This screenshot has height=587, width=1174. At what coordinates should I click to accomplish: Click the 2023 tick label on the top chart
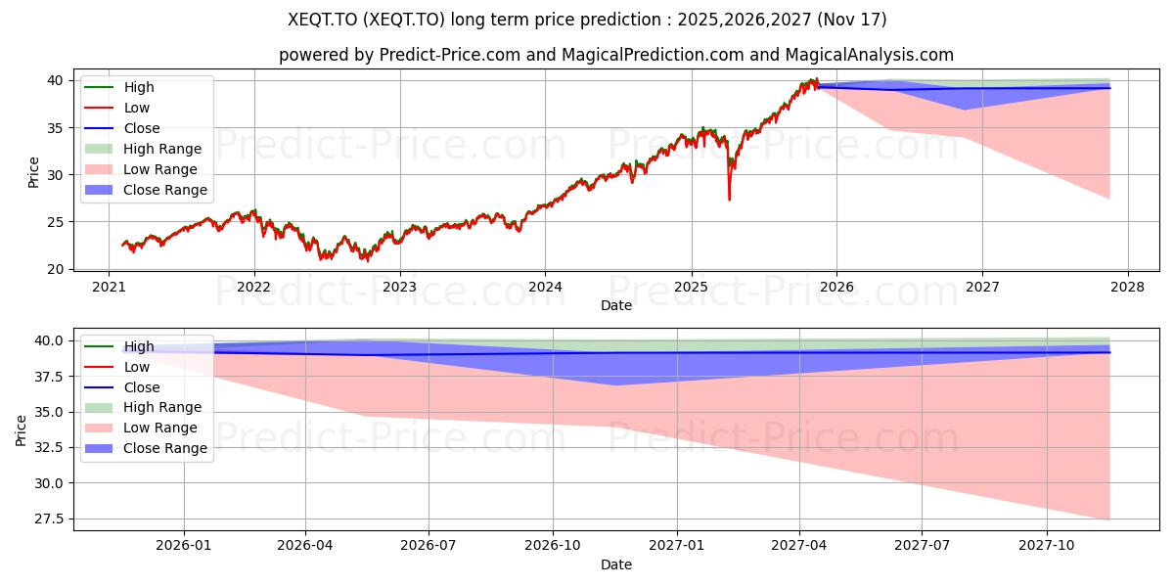pos(399,287)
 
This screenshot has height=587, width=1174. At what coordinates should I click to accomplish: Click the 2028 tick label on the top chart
pos(1127,287)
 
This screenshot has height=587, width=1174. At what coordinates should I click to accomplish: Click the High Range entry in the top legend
pos(162,149)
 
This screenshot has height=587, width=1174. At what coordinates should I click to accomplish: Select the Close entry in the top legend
pos(142,128)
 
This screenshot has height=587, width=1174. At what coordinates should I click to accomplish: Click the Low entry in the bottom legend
pos(136,367)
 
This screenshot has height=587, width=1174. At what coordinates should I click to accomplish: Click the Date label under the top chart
pos(616,305)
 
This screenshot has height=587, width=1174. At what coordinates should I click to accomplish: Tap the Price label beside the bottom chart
pos(22,429)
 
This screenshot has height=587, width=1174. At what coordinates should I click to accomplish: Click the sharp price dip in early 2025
pos(729,199)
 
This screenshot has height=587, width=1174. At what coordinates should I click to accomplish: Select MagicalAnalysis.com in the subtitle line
pos(871,55)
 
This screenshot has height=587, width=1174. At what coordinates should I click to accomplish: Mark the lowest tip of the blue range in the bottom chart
pos(615,384)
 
